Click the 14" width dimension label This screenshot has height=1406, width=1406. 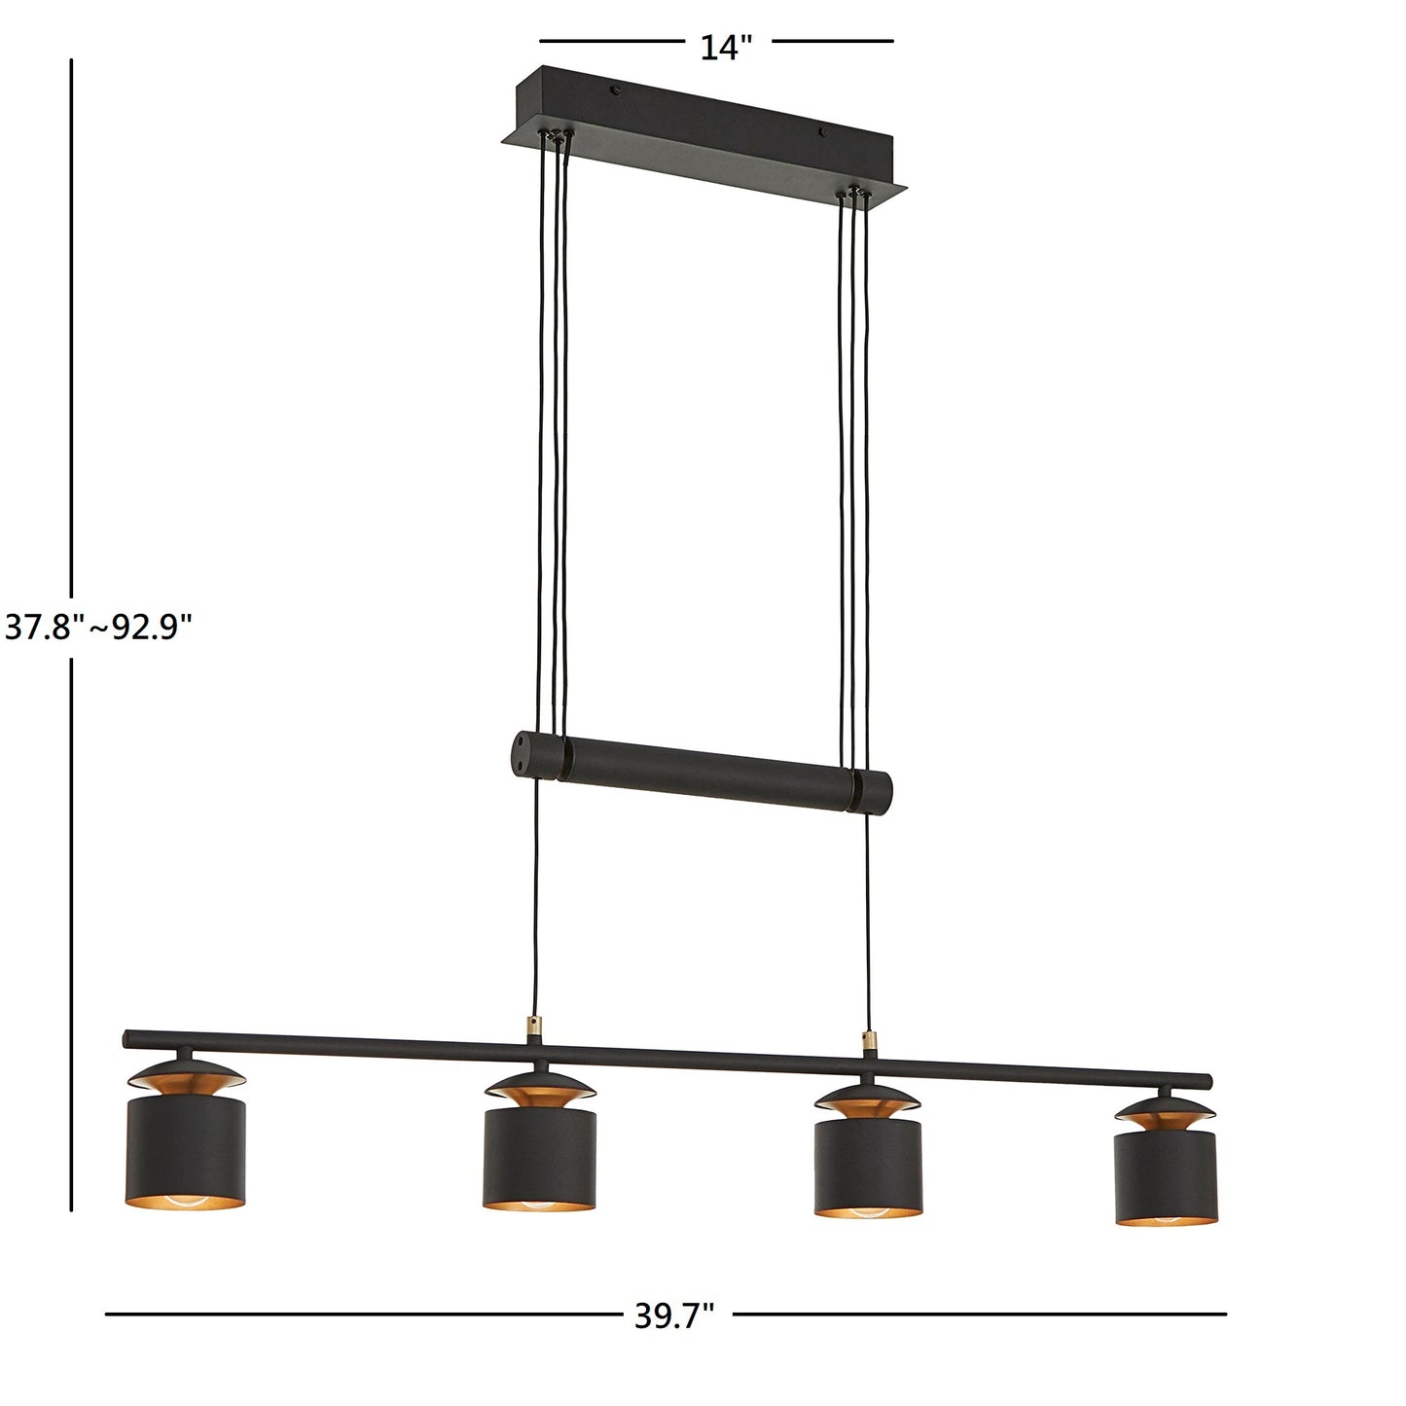(x=727, y=47)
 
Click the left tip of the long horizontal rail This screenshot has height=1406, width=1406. (x=127, y=1039)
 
